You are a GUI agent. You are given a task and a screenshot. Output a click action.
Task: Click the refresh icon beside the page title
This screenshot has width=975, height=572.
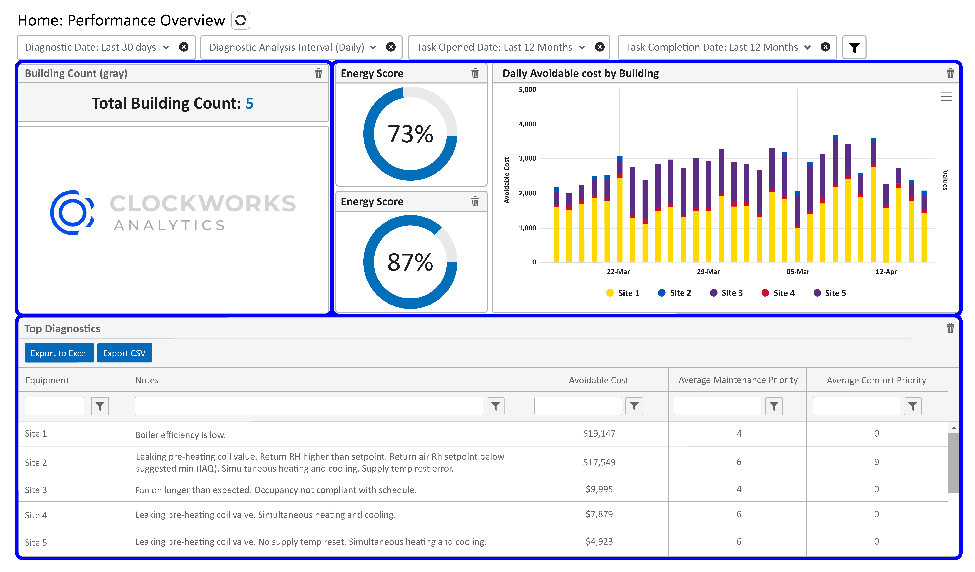pos(240,20)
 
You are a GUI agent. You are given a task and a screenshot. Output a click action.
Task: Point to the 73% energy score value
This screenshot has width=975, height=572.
pos(410,134)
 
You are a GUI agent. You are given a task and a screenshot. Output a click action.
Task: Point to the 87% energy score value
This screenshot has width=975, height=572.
pos(410,262)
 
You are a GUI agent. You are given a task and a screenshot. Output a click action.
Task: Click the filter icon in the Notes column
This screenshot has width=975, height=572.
pos(495,406)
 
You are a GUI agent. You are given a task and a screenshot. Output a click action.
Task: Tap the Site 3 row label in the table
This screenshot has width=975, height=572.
pos(36,490)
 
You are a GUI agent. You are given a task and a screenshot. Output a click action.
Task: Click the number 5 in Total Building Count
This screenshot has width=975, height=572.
pos(250,103)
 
